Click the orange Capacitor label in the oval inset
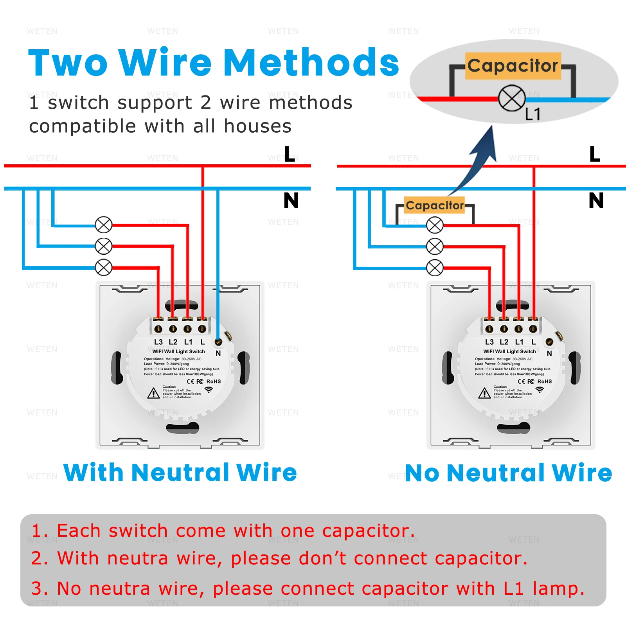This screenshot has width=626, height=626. [513, 66]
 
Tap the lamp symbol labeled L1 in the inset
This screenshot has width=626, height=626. [511, 98]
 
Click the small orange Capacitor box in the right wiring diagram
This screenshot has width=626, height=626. [434, 205]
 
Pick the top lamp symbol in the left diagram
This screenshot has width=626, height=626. [104, 225]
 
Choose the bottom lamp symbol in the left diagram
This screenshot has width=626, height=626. [104, 268]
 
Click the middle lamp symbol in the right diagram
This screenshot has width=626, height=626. [435, 246]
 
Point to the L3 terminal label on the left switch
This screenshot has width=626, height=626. [158, 342]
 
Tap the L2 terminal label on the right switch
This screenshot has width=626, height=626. [504, 342]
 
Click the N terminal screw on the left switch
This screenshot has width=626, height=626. [219, 342]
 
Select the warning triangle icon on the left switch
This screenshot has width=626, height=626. [153, 393]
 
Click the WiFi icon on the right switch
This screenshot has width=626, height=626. [540, 390]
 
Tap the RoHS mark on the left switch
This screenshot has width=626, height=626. [214, 381]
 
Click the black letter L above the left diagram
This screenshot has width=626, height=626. [290, 155]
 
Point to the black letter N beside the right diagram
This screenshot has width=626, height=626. [596, 201]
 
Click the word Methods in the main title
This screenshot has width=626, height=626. [311, 63]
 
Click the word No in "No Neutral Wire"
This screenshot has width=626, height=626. [422, 473]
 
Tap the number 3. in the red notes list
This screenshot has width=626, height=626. [40, 588]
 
